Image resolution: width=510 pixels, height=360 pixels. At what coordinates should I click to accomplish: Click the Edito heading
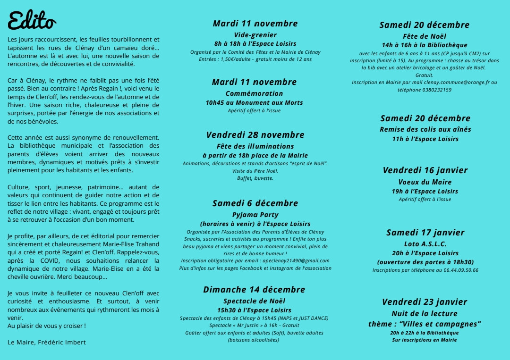tap(32, 21)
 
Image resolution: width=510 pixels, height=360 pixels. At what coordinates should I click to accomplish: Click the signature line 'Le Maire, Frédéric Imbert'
tap(47, 342)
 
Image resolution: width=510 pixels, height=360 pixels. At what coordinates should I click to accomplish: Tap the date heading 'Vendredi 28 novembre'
tap(255, 135)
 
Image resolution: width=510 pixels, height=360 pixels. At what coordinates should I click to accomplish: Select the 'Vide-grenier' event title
tap(255, 35)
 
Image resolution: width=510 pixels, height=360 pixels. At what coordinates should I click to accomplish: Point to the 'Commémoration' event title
tap(254, 93)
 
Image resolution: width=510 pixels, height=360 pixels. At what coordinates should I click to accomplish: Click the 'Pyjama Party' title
tap(255, 215)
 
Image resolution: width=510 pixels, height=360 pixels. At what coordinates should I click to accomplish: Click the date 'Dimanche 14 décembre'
tap(254, 290)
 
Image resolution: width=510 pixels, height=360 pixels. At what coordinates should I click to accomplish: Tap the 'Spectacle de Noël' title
tap(254, 301)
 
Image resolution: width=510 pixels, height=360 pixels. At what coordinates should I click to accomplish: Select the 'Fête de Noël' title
tap(424, 36)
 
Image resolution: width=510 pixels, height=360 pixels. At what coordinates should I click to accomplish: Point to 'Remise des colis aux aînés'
tap(425, 129)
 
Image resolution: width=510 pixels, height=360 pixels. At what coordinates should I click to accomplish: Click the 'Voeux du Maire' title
tap(425, 182)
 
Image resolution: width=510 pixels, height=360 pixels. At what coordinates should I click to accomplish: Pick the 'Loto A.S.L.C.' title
tap(425, 244)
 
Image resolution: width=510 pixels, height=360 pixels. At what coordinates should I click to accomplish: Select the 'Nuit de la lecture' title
tap(424, 314)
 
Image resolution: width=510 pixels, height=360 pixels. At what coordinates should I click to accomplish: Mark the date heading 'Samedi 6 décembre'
tap(255, 203)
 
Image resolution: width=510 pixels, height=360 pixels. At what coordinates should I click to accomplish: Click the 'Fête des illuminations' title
tap(255, 146)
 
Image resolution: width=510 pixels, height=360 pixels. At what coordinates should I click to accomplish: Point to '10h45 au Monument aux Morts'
tap(254, 102)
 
